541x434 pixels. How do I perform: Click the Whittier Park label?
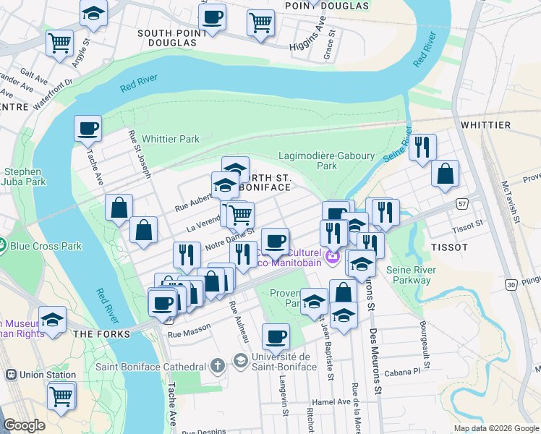[170, 139]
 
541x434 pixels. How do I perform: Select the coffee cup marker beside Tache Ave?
[88, 129]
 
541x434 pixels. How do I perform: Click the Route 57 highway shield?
[461, 205]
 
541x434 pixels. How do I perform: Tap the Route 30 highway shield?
[511, 285]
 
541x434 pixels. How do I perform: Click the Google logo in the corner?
[24, 425]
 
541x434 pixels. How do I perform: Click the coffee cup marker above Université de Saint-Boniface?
[276, 336]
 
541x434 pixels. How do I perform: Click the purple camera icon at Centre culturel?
[332, 255]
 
